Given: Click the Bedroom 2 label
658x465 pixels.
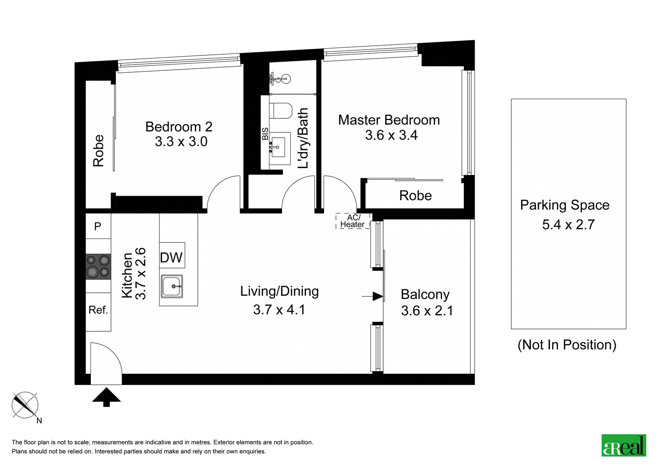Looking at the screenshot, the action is (178, 127).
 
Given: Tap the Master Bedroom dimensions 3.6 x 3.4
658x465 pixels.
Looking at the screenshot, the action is (391, 135).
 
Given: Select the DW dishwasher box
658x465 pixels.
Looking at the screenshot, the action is (172, 255).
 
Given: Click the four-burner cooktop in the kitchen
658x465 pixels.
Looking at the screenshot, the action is (98, 267).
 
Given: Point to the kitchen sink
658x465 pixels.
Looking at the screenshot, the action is (172, 287).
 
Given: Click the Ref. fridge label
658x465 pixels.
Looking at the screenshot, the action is (98, 310).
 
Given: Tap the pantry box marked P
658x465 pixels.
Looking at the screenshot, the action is (98, 226).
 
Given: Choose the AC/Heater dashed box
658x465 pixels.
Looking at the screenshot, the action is (353, 221).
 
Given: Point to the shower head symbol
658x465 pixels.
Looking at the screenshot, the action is (280, 79).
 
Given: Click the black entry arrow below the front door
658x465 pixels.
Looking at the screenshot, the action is (107, 397).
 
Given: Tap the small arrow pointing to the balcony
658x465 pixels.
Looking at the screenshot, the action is (373, 296).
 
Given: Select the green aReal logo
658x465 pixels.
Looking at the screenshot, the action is (623, 445).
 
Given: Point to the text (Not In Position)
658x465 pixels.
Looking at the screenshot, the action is (567, 345).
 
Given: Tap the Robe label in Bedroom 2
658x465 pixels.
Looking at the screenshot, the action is (99, 151).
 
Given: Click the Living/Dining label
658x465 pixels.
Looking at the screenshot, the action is (279, 291).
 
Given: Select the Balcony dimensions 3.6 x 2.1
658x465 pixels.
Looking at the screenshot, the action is (427, 311).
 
